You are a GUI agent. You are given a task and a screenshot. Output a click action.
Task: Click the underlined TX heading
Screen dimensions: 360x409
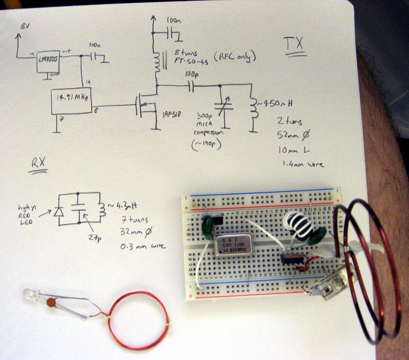click(294, 46)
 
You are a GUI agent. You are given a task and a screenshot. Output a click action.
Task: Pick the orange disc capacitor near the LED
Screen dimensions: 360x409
click(51, 303)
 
